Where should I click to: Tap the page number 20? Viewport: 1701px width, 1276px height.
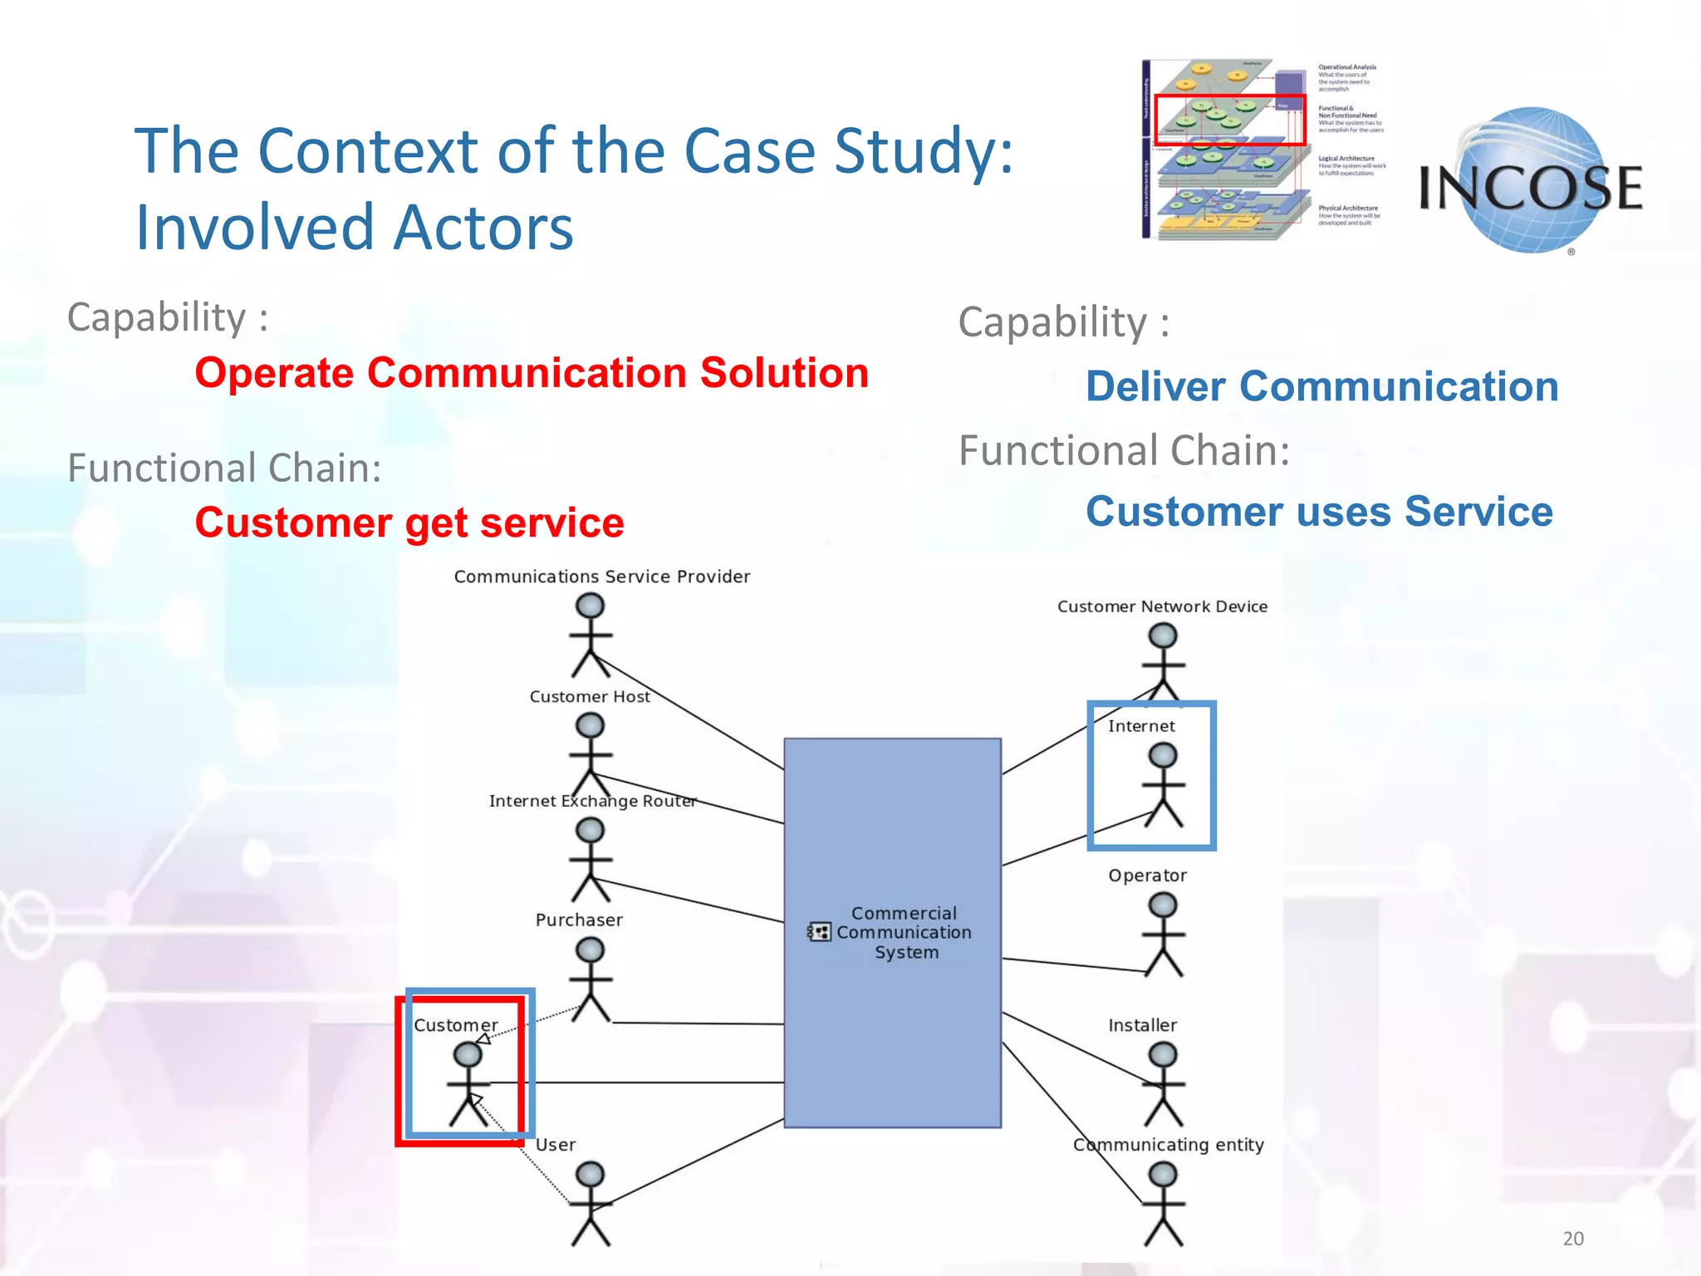[x=1573, y=1239]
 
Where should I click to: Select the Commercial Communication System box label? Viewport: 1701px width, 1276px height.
[x=904, y=933]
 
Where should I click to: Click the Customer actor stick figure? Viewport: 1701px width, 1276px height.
[x=468, y=1084]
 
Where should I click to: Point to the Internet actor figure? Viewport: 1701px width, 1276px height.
[x=1163, y=785]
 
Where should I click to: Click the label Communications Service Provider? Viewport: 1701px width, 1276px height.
[x=602, y=577]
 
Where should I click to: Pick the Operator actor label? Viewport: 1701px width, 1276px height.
[x=1147, y=876]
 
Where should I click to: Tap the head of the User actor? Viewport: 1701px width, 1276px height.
[x=591, y=1174]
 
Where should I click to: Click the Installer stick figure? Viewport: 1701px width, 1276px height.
[x=1163, y=1084]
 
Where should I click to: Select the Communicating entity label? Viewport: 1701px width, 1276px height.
[x=1169, y=1145]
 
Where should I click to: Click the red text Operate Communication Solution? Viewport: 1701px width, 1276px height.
[x=532, y=373]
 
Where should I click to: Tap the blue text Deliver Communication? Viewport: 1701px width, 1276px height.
[x=1322, y=387]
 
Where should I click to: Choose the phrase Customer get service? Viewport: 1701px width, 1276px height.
[x=409, y=523]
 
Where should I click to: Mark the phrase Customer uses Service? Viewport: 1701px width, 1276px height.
[x=1319, y=512]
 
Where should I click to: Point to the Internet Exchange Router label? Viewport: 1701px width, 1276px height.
[x=592, y=801]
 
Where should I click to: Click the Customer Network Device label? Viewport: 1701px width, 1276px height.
[x=1162, y=606]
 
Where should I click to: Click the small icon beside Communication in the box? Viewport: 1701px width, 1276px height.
[x=819, y=932]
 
